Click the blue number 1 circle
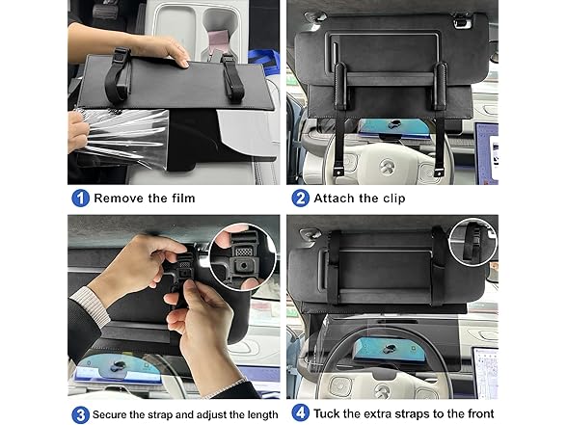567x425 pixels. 80,199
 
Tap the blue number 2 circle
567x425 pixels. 300,199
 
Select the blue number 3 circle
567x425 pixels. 80,414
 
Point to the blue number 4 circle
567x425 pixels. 300,413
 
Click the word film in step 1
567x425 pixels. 181,199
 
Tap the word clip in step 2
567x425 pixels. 392,199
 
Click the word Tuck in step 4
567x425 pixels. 326,413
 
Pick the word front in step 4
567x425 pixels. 477,413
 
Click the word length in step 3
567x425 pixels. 262,414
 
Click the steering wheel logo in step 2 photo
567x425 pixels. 388,167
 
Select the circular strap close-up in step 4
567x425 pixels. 472,241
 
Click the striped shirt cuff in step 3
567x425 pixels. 91,305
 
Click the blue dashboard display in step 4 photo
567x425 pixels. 390,349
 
